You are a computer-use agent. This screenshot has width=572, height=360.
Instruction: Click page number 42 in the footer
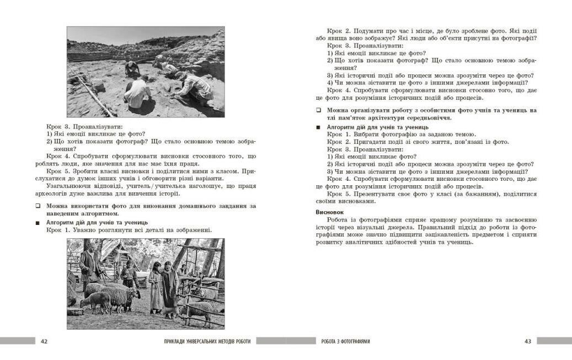point(44,341)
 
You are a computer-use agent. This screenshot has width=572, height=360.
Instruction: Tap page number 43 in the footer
point(527,341)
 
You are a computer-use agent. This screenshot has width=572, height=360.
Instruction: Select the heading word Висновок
point(330,212)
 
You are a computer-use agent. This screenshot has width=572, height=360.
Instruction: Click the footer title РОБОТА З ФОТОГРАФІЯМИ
point(345,342)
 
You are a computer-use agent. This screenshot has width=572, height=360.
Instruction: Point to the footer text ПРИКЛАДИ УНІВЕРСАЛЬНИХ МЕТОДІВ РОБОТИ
point(207,342)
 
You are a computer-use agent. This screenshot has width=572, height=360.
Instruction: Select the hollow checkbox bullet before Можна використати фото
point(38,206)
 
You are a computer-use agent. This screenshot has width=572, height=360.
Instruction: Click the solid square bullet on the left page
point(38,223)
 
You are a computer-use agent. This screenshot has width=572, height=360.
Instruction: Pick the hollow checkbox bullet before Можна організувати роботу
point(318,110)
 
